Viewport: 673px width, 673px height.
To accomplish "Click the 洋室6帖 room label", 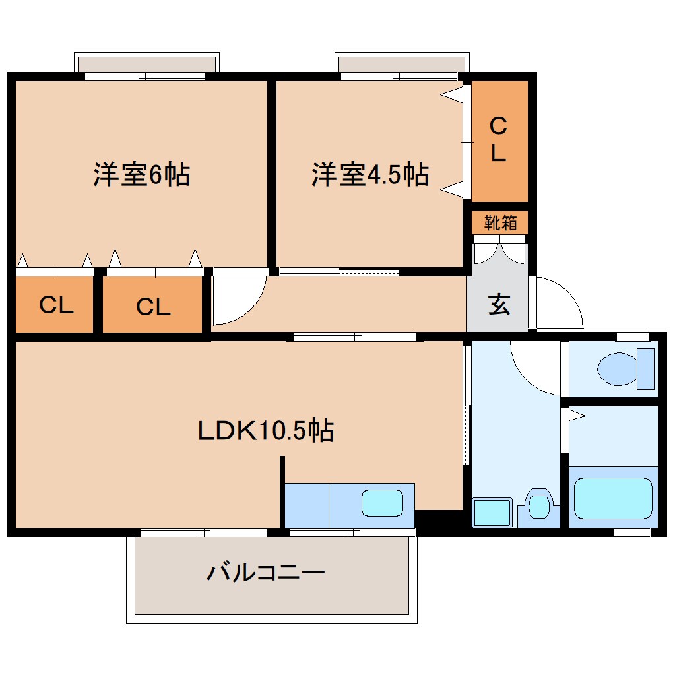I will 141,176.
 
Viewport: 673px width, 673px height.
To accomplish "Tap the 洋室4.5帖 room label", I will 369,176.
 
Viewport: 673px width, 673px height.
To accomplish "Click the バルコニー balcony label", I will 266,571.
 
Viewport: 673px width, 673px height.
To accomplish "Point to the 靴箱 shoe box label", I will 500,223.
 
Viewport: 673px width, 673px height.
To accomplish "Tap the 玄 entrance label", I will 499,305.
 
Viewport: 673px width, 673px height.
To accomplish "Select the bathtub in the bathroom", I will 613,498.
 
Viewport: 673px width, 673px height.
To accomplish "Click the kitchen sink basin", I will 382,504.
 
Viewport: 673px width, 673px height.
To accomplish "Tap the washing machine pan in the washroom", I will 492,513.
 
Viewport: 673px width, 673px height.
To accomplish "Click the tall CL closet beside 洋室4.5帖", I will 499,141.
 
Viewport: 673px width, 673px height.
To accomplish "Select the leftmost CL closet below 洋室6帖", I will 55,305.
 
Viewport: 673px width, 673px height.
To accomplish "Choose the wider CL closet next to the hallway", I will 152,305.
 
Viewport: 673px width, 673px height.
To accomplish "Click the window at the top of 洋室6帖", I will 145,77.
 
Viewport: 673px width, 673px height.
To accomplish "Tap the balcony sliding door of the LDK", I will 205,532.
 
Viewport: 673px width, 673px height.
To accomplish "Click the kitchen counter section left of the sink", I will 306,505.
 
